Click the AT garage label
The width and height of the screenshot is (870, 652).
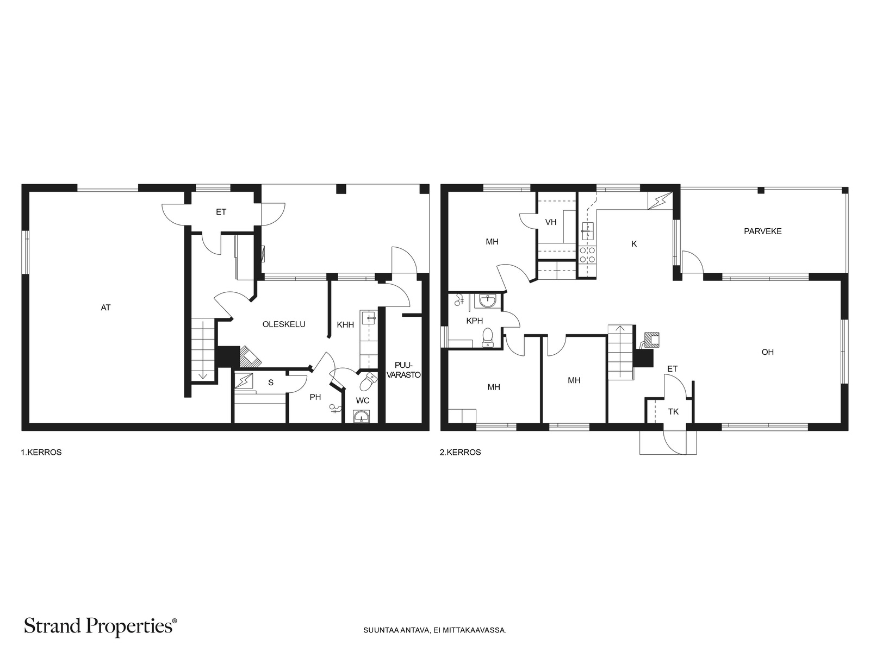[105, 307]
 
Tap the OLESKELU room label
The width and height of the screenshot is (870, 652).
[284, 324]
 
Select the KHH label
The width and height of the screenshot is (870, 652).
[345, 324]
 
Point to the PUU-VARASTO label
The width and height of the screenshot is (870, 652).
[403, 370]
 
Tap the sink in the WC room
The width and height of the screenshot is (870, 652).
[362, 416]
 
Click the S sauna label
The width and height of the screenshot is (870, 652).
[271, 383]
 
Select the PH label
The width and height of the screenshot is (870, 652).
[315, 397]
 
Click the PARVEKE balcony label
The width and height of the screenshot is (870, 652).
[762, 231]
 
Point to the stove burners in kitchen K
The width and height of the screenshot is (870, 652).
[587, 254]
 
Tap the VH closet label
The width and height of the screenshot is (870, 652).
[551, 222]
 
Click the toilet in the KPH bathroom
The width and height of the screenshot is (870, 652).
[487, 337]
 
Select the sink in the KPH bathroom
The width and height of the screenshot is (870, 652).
[487, 301]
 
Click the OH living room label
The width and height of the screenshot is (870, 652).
[767, 352]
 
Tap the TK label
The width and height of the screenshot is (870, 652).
[673, 412]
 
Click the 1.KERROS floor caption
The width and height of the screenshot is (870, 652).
[41, 452]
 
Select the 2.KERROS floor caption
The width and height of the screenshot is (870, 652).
[460, 452]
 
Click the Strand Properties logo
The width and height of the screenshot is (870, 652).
[100, 626]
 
